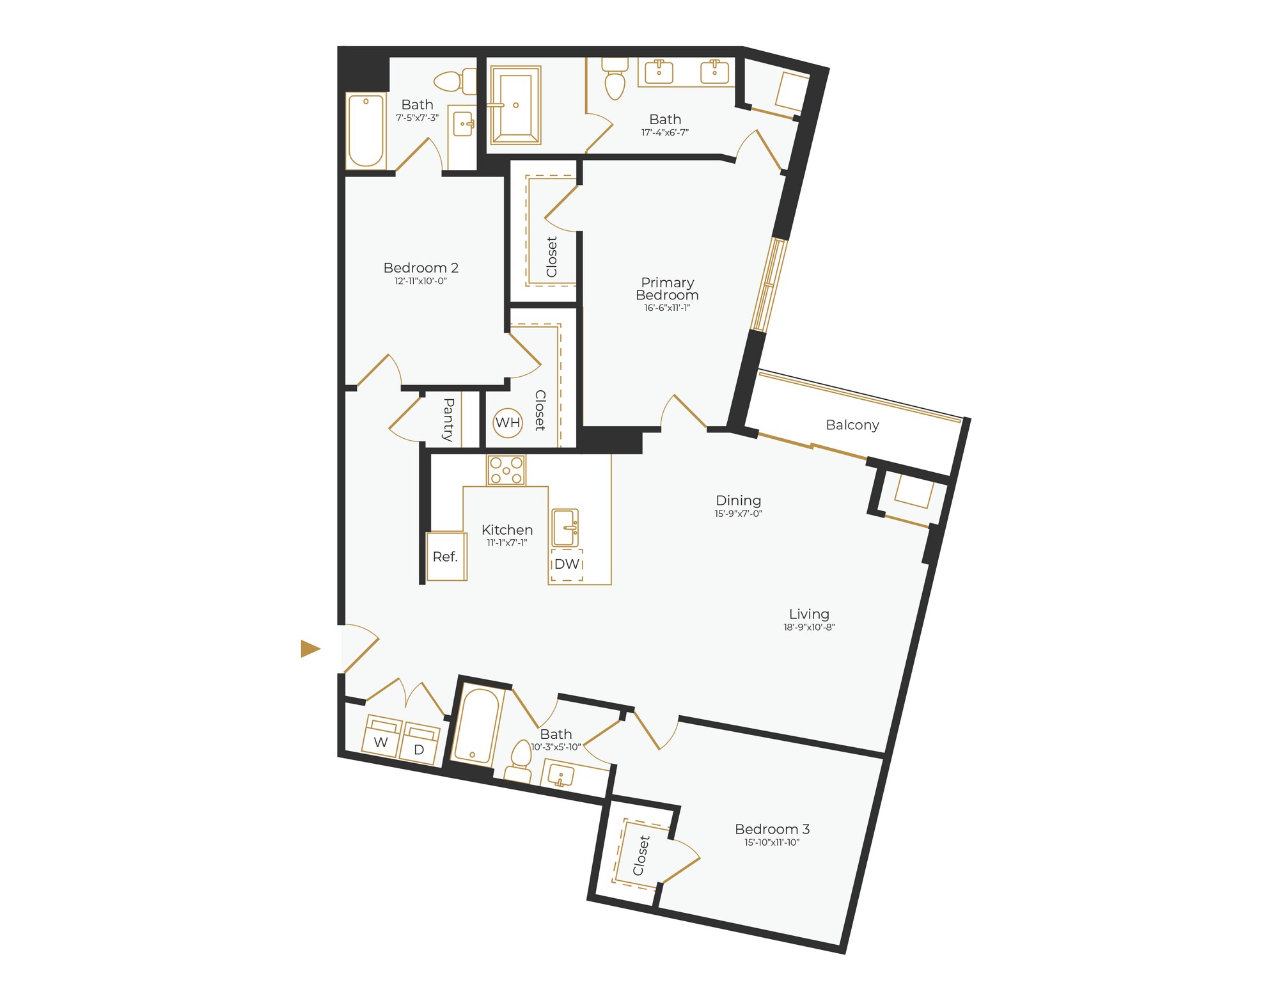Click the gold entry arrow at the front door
[x=310, y=649]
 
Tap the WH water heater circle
[x=508, y=423]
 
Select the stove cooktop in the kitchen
[x=506, y=470]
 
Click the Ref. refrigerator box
[x=446, y=557]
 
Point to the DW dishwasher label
[x=567, y=564]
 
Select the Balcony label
[x=852, y=425]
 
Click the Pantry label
[x=448, y=420]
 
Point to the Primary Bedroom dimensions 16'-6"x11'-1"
[x=667, y=308]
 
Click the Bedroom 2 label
[x=421, y=268]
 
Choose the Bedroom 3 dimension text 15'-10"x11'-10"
[x=772, y=843]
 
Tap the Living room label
[x=809, y=614]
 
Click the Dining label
[x=738, y=500]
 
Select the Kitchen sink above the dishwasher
[x=565, y=528]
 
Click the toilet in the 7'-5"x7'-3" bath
[x=455, y=81]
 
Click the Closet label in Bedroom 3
[x=641, y=855]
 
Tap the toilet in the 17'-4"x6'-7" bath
[x=615, y=80]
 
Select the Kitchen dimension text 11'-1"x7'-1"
[x=506, y=543]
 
